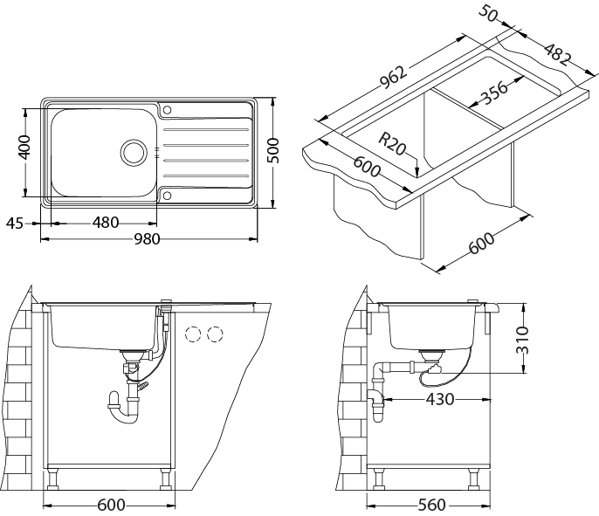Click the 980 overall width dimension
point(147,240)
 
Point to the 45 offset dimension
point(14,223)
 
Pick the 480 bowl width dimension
point(105,223)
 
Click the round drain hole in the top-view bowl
point(134,151)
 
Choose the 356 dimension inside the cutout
point(493,93)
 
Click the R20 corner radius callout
point(393,143)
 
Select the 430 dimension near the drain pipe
point(440,399)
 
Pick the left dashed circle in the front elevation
point(193,334)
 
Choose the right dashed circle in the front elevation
point(215,334)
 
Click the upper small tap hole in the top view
point(168,110)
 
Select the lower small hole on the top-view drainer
point(167,196)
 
